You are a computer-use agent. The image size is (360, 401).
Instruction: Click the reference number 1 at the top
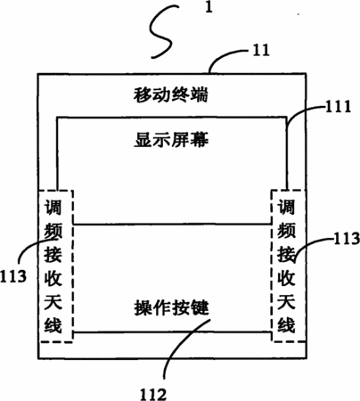(x=209, y=7)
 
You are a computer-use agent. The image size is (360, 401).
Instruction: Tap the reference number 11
(x=261, y=50)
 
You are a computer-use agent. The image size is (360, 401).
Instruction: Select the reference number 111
(x=338, y=106)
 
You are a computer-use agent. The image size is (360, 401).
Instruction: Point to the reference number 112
(x=153, y=394)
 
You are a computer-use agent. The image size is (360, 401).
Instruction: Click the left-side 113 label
(x=13, y=275)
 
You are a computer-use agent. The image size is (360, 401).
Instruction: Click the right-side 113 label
(x=347, y=239)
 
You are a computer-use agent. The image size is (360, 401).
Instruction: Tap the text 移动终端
(x=171, y=94)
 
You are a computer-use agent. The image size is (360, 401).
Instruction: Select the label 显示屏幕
(x=171, y=140)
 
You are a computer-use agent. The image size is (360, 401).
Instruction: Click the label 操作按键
(x=172, y=307)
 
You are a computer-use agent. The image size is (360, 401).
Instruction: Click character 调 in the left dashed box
(x=53, y=208)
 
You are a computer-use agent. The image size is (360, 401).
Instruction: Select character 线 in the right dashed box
(x=286, y=324)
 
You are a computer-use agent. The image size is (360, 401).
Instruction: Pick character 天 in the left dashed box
(x=53, y=301)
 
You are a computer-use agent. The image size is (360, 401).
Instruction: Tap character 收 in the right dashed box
(x=286, y=278)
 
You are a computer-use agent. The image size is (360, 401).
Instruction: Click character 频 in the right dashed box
(x=286, y=231)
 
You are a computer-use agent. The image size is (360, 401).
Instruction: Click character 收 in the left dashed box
(x=53, y=278)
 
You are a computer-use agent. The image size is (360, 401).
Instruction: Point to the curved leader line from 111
(x=300, y=111)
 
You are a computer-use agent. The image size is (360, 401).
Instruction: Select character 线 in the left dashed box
(x=53, y=324)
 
